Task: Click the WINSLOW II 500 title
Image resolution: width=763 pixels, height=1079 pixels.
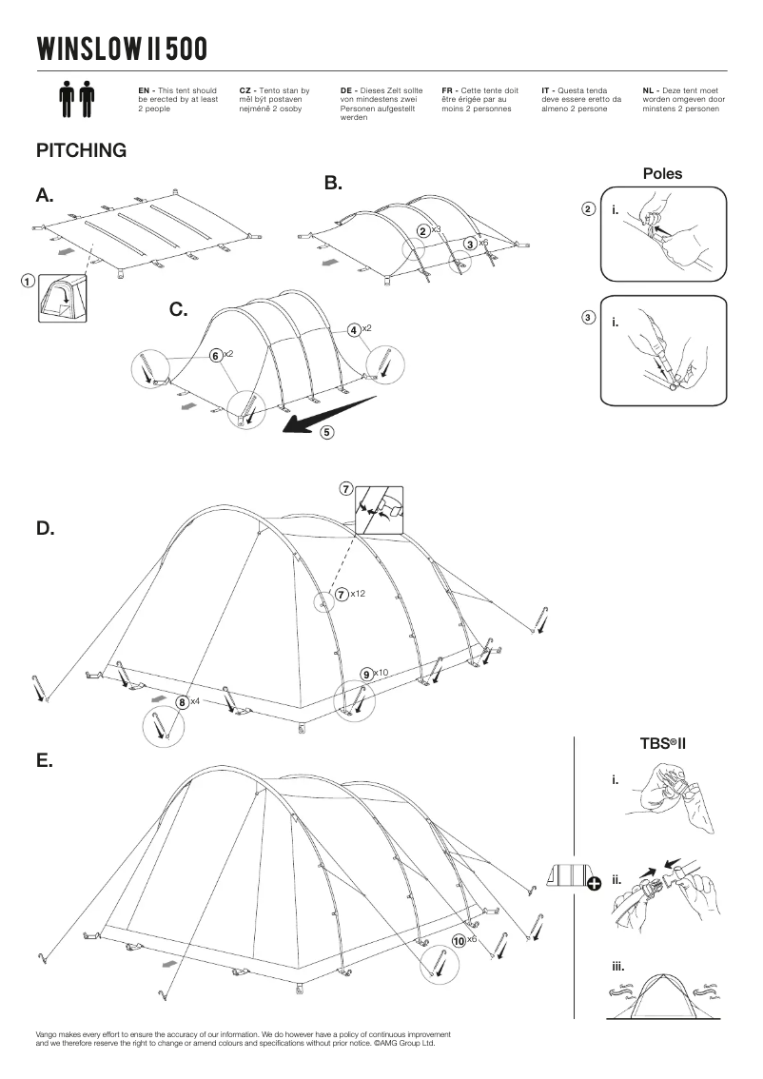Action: (121, 48)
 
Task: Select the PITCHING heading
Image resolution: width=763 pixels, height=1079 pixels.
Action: (81, 151)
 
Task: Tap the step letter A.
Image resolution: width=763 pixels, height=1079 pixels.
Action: (45, 196)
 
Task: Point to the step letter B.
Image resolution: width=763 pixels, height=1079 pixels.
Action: (333, 183)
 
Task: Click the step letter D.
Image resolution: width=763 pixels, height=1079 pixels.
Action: (45, 529)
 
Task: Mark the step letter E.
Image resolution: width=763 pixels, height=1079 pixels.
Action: (44, 761)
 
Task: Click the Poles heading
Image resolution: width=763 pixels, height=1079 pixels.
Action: (662, 174)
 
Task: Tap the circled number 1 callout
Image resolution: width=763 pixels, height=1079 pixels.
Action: (28, 281)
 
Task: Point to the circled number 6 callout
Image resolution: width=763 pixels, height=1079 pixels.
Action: (216, 355)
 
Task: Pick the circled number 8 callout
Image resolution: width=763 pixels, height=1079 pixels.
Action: (182, 702)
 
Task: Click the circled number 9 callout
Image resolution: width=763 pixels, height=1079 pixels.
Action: (366, 674)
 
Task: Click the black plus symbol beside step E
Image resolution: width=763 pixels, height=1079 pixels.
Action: (595, 884)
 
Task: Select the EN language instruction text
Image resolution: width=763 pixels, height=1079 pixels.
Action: (179, 99)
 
